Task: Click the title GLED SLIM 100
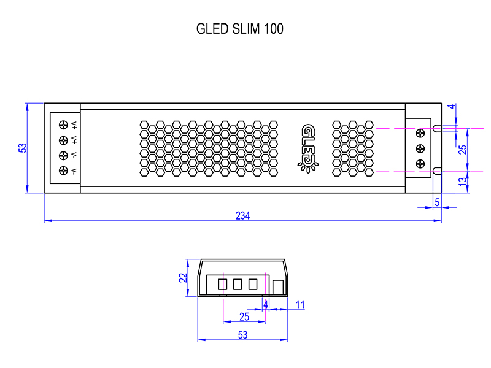coord(239,29)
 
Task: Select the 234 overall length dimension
coord(243,216)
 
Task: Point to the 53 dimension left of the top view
coord(23,148)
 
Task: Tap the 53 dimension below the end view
coord(242,335)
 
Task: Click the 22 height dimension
coord(183,278)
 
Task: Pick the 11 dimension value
coord(300,304)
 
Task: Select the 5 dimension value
coord(437,202)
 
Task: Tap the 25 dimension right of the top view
coord(463,148)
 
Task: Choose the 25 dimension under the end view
coord(244,316)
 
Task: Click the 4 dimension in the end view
coord(266,304)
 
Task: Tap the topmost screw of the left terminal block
coord(63,125)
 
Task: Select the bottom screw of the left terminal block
coord(63,171)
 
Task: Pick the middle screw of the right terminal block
coord(421,148)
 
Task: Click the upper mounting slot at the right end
coord(437,129)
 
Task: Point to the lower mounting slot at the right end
coord(437,171)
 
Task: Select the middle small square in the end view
coord(238,284)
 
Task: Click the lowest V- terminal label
coord(74,171)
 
